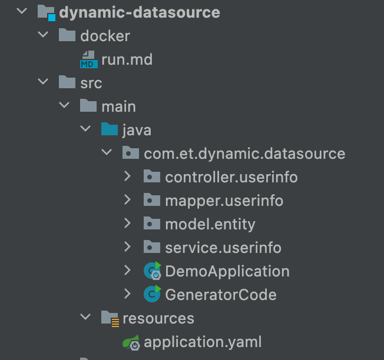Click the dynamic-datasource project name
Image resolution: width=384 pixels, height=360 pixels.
[x=140, y=12]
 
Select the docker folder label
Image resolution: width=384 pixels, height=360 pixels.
[x=105, y=36]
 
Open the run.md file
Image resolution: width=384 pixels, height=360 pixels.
[x=127, y=59]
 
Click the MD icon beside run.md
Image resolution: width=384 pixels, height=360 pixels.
[x=89, y=59]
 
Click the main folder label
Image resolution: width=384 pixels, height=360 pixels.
[x=118, y=106]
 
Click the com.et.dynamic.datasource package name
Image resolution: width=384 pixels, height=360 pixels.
[x=244, y=154]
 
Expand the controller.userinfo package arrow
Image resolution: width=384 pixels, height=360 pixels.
[x=128, y=177]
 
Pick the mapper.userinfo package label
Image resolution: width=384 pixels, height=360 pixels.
[x=224, y=201]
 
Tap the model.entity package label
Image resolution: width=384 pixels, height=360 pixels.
[x=210, y=224]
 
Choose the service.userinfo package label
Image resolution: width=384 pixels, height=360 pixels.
[x=223, y=248]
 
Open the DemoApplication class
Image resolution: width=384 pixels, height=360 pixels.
[x=227, y=271]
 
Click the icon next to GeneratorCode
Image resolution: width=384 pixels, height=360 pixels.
[x=153, y=294]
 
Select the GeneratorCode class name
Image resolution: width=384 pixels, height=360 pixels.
[x=221, y=295]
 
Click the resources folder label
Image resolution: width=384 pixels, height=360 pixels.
[x=158, y=318]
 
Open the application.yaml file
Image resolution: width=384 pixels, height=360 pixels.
[x=203, y=342]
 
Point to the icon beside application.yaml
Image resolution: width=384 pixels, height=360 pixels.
[x=131, y=342]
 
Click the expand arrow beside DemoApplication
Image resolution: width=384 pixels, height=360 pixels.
[x=128, y=271]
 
